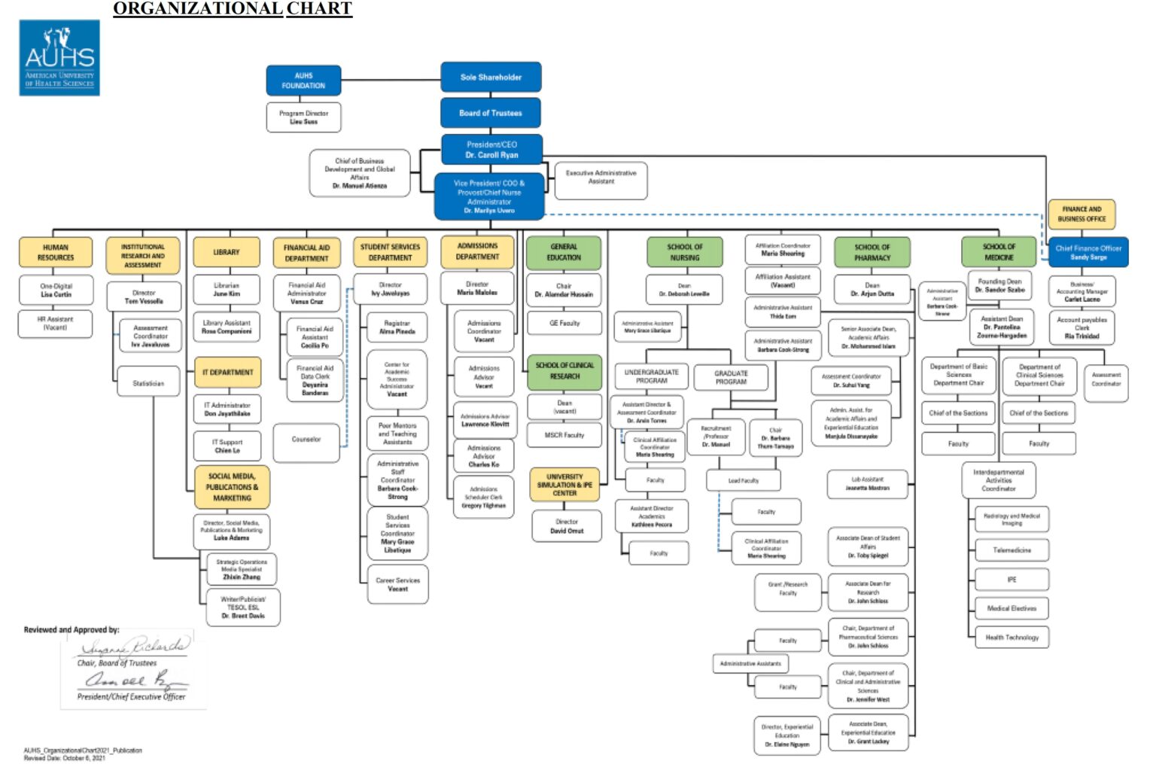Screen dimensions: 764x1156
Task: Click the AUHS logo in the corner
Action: tap(59, 58)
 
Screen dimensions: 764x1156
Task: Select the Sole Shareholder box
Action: tap(491, 77)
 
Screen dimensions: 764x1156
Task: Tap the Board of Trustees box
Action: tap(491, 113)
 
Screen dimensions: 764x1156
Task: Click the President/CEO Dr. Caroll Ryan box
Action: tap(491, 150)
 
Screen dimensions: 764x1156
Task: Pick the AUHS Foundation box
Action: tap(303, 81)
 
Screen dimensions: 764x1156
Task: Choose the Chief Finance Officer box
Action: tap(1088, 252)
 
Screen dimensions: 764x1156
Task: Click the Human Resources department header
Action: tap(56, 252)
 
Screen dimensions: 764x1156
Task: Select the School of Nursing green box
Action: tap(684, 252)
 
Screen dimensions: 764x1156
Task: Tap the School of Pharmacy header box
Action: tap(872, 252)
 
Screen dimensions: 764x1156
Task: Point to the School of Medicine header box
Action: tap(999, 251)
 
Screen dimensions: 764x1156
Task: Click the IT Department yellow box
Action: tap(227, 372)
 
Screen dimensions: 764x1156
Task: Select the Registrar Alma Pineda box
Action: tap(397, 327)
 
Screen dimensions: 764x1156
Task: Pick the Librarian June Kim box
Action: tap(227, 290)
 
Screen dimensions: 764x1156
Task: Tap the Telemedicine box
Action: tap(1011, 550)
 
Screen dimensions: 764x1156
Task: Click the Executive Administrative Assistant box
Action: tap(601, 177)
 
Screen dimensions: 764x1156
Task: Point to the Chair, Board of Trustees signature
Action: tap(134, 647)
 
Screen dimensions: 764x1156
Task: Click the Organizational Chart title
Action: tap(233, 9)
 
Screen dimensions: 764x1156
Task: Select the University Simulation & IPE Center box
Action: tap(564, 485)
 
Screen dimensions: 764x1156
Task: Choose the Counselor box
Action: tap(306, 440)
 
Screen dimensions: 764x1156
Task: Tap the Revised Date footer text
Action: tap(65, 758)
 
